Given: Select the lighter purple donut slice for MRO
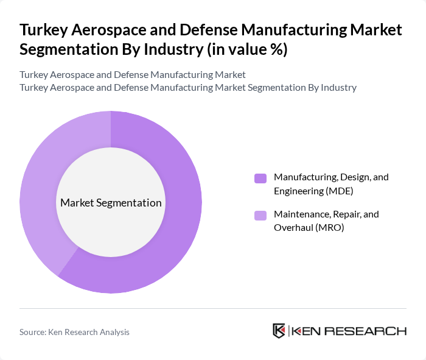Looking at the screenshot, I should [x=43, y=183].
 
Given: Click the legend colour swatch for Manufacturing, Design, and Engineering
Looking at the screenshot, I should [x=260, y=178].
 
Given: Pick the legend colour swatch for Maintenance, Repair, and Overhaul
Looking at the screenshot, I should [x=260, y=215].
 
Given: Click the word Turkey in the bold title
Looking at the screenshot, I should [x=43, y=30].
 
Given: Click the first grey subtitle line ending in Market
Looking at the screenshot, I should [x=133, y=74].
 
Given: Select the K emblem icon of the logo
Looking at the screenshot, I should [x=279, y=331].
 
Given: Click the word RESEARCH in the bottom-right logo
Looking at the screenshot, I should [x=372, y=331].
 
